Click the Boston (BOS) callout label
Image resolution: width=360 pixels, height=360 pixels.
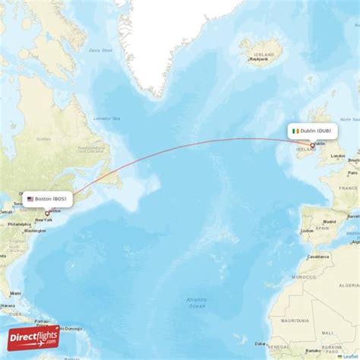(48, 199)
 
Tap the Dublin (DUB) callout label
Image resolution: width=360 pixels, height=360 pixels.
(312, 131)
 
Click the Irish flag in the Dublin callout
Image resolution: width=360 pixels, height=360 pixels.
(295, 131)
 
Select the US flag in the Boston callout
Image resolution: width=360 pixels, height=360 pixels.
(30, 199)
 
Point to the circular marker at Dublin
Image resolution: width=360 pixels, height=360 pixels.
(312, 144)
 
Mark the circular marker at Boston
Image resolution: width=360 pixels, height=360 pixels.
(47, 213)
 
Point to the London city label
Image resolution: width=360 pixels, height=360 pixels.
(338, 156)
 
